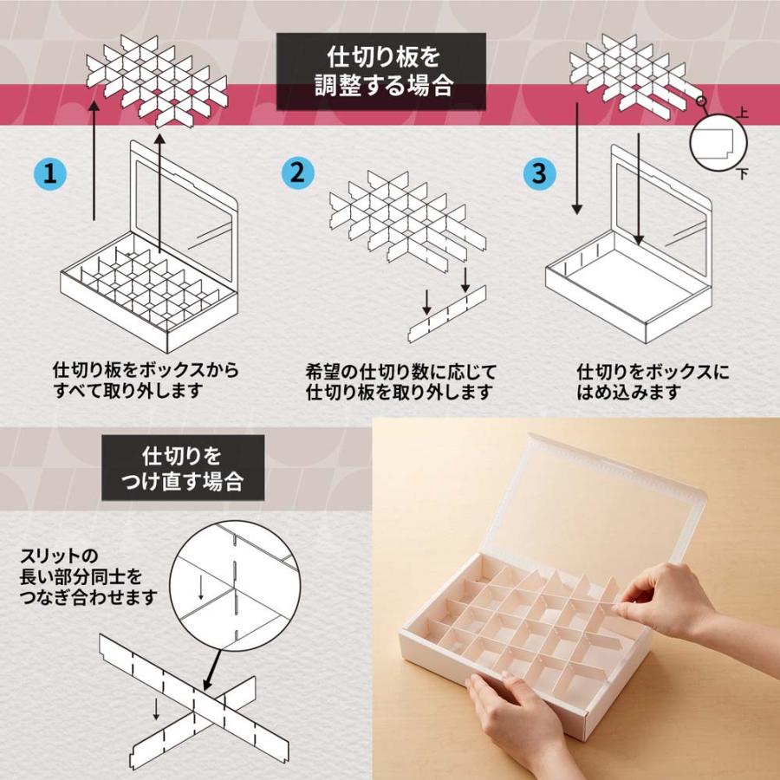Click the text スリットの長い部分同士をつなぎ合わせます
[x=87, y=575]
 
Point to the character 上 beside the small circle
[x=741, y=114]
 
